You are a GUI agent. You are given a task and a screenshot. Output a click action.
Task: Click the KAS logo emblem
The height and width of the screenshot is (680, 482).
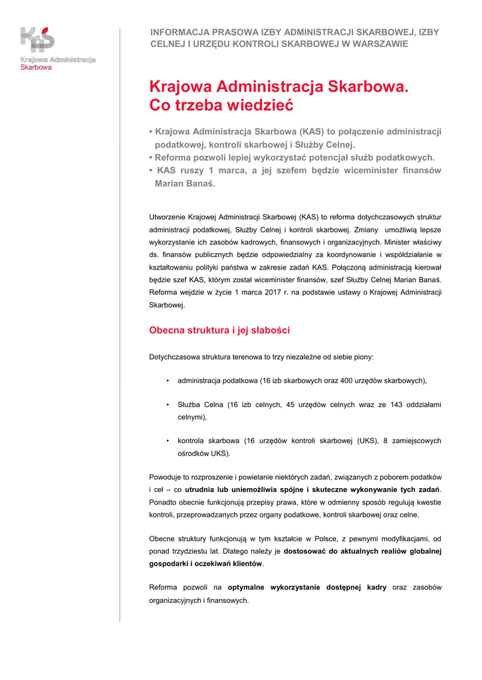pos(37,39)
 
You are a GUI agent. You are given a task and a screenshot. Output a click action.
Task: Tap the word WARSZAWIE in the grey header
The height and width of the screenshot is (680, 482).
pos(380,44)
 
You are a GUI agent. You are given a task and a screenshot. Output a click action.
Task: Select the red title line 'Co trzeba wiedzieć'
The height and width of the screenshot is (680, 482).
pos(221,106)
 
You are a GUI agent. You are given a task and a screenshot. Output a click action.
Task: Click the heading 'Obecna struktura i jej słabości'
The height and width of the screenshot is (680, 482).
pos(219,330)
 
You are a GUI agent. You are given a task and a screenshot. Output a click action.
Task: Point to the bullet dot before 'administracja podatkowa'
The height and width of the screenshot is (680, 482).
pos(168,381)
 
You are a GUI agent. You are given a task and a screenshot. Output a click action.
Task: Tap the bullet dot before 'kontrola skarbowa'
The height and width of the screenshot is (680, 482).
pos(168,441)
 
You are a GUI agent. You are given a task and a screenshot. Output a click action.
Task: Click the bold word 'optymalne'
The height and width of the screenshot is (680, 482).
pos(247,587)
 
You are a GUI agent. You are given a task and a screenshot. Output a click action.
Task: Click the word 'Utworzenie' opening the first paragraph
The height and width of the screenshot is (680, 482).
pos(167,216)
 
